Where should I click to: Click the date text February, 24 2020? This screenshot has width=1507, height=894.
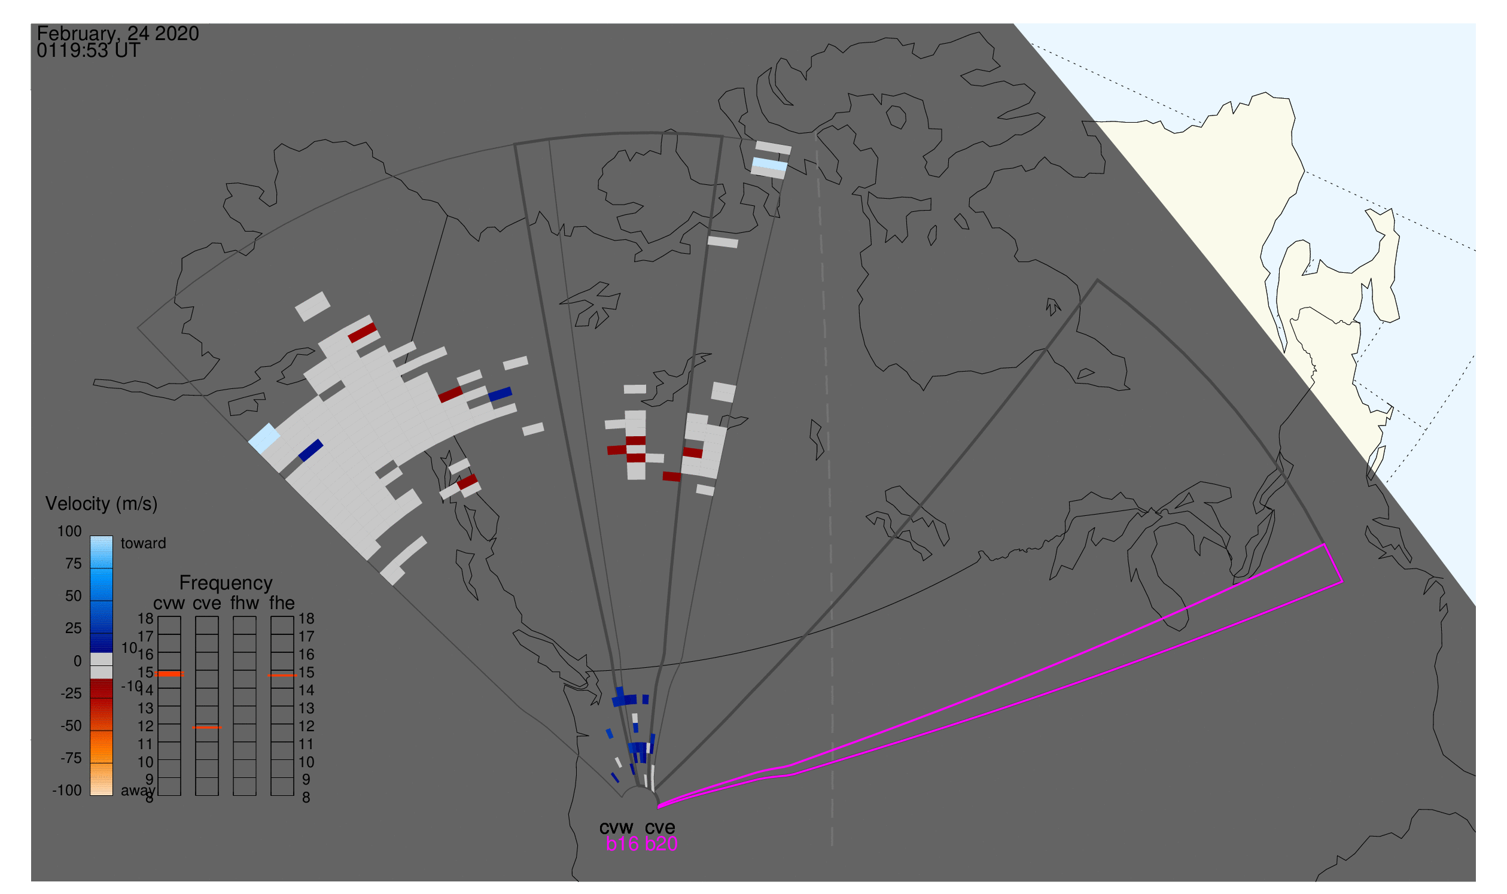(117, 34)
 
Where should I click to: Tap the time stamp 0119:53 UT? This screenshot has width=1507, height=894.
(89, 51)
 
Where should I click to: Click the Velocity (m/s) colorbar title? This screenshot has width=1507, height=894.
(101, 504)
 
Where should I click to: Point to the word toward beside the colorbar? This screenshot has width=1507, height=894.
(144, 543)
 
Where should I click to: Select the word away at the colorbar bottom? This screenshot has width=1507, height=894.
(138, 791)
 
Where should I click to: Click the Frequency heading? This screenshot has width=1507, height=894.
(226, 583)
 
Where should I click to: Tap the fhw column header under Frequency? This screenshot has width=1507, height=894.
(245, 603)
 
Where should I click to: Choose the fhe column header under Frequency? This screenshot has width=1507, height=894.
(282, 603)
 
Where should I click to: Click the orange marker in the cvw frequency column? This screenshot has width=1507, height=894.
(169, 674)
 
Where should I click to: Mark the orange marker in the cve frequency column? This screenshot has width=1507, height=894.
(206, 728)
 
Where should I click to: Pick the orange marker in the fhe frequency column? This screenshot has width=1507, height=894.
(282, 676)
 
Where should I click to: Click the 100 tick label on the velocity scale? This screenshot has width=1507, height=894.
(69, 532)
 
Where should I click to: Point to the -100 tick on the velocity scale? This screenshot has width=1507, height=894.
(67, 791)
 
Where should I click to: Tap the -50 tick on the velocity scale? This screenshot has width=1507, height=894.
(71, 726)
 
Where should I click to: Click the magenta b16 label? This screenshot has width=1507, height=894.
(622, 844)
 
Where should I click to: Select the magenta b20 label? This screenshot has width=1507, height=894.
(661, 844)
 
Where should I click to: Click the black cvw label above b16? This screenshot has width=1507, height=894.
(617, 828)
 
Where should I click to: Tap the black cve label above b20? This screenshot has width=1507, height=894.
(660, 828)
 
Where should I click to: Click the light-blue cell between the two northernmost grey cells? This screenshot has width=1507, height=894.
(770, 164)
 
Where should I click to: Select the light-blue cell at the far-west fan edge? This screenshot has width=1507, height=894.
(264, 439)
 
